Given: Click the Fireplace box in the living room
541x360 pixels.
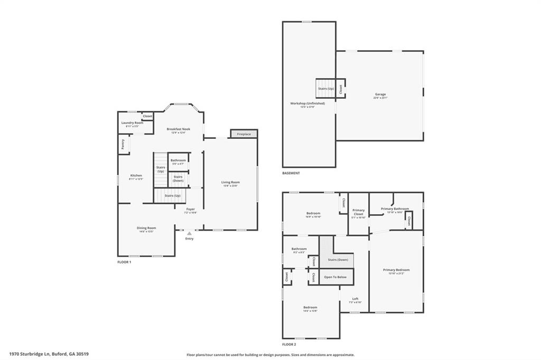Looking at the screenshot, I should point(244,134).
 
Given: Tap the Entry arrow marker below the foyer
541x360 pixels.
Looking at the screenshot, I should point(189,233).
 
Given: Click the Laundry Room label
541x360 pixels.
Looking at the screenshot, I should point(132,123).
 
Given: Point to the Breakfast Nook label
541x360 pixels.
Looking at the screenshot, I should point(178,129).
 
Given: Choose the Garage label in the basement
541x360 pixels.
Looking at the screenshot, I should point(380,94).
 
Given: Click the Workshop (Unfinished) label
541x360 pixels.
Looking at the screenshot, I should point(307,103).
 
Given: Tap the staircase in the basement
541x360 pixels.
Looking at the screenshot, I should point(325,88).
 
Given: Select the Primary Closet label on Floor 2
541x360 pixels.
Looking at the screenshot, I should point(358,212).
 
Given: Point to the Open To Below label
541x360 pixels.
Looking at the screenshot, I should point(335,277).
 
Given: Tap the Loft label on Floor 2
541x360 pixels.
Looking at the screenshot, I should point(356,299).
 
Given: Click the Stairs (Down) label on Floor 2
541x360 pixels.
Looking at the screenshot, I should point(338,260).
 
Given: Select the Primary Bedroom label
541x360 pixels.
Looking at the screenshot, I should point(396,270).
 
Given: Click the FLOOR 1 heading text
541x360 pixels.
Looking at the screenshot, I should point(124,262).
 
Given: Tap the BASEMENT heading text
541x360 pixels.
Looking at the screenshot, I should point(291,173).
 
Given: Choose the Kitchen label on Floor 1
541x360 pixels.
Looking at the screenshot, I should point(136,176).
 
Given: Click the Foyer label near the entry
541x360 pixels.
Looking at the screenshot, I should point(190,210).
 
